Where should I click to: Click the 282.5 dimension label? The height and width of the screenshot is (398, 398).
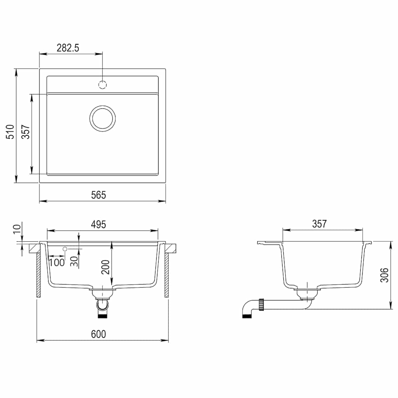68,48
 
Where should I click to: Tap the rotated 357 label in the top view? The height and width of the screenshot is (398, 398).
25,132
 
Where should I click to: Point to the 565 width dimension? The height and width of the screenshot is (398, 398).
99,195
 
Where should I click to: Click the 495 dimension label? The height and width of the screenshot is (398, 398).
99,224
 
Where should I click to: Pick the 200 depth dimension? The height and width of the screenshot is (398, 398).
106,267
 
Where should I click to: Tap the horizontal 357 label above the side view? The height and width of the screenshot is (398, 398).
319,224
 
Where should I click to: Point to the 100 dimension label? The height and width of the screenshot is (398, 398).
57,262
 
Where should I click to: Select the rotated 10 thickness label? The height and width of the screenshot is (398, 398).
16,229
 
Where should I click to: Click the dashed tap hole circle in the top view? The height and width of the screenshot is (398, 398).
103,84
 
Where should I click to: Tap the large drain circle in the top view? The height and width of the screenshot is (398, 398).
103,118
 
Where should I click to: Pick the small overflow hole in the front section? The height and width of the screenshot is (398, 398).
65,248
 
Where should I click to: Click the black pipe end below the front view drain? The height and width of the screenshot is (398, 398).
102,316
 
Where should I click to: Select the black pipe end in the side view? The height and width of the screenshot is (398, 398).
246,316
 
